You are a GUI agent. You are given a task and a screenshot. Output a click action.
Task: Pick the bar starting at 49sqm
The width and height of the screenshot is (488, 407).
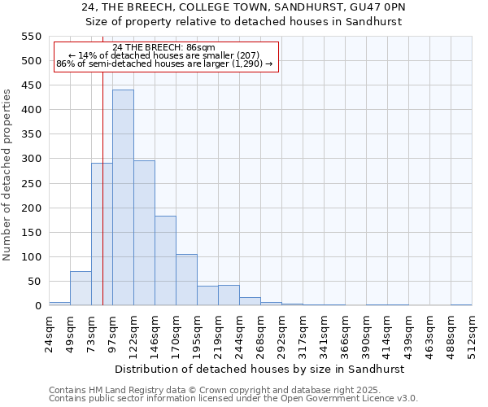click(81, 288)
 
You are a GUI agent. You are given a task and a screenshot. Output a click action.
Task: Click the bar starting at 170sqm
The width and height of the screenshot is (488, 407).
click(186, 280)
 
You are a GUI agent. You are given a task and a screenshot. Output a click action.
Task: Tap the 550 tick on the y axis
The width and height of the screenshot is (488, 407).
click(31, 37)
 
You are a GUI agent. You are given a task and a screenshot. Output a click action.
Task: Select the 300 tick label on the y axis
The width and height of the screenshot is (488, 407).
click(31, 159)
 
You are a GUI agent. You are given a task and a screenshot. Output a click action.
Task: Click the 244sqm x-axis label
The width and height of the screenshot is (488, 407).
click(240, 334)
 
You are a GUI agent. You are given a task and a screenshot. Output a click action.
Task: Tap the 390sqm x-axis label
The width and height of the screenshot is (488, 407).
click(367, 334)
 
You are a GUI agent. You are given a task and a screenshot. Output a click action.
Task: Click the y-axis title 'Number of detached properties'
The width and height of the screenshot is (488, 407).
click(7, 175)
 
